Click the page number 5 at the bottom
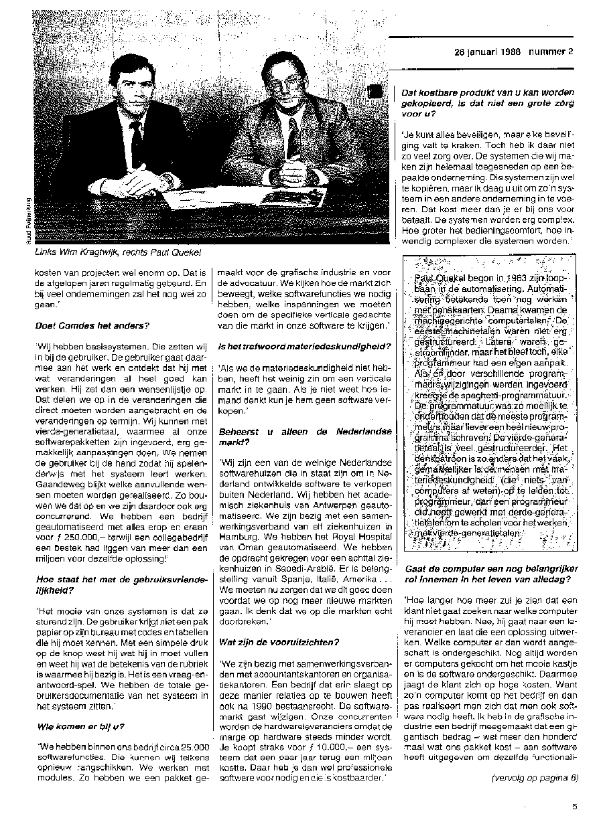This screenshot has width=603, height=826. (x=574, y=807)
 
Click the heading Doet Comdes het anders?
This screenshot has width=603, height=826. (x=92, y=325)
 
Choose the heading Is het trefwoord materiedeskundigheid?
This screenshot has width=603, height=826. (x=305, y=345)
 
